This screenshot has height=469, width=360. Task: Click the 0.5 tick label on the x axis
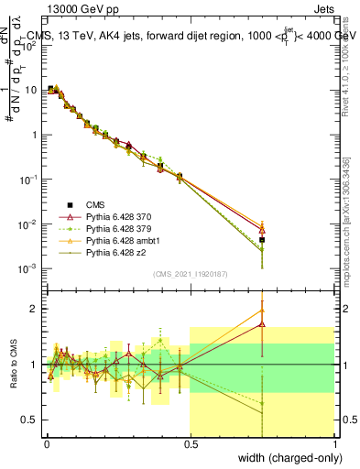pos(191,442)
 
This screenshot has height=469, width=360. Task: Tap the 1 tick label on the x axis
pos(335,442)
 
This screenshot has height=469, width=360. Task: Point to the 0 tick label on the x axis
pos(47,442)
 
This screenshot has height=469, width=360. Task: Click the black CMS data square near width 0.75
pos(262,240)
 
